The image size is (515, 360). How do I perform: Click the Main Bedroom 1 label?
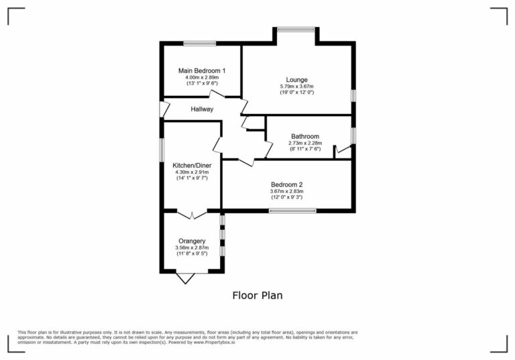pyautogui.click(x=201, y=70)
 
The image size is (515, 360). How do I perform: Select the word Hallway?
pyautogui.click(x=202, y=109)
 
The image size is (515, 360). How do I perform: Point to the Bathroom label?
pyautogui.click(x=305, y=136)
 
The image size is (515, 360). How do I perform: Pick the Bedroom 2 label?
pyautogui.click(x=287, y=184)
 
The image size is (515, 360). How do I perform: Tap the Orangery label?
pyautogui.click(x=192, y=241)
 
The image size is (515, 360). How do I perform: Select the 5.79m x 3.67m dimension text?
pyautogui.click(x=296, y=86)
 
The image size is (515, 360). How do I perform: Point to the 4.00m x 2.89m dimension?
pyautogui.click(x=201, y=78)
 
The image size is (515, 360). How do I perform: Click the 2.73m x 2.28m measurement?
pyautogui.click(x=305, y=143)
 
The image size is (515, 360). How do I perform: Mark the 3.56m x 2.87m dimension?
pyautogui.click(x=192, y=248)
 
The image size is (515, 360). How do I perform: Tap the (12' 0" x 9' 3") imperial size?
pyautogui.click(x=287, y=198)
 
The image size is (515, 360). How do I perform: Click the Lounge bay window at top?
pyautogui.click(x=296, y=28)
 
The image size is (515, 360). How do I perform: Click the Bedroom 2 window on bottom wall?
pyautogui.click(x=292, y=211)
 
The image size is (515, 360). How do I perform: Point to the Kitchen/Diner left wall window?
pyautogui.click(x=162, y=149)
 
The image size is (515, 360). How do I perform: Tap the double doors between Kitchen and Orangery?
pyautogui.click(x=192, y=215)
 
